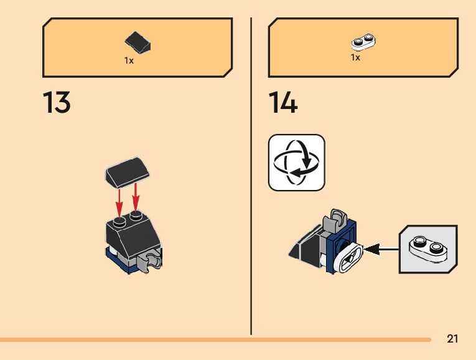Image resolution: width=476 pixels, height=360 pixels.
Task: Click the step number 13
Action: point(57,103)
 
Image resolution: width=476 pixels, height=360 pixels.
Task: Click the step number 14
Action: point(283,103)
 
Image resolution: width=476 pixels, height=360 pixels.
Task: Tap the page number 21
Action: point(452,339)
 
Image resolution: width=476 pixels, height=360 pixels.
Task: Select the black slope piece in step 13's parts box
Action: point(138,44)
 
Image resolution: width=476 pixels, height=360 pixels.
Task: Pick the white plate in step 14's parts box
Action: point(363,42)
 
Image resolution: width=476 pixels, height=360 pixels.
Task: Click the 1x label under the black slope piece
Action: point(129,61)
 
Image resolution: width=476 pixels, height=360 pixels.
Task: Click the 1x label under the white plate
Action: point(355,58)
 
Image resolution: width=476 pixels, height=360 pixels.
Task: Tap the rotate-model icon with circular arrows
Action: point(296,163)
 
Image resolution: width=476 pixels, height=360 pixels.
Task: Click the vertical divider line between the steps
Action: point(251,174)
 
